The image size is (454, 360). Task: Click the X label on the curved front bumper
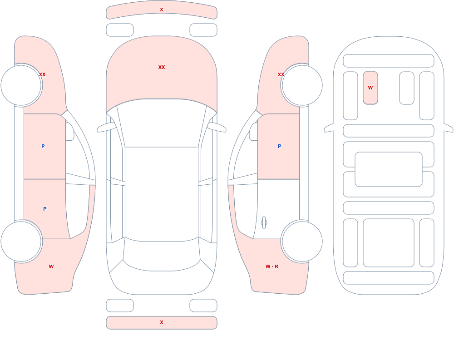(x=162, y=10)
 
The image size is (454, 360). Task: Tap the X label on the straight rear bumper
(x=162, y=322)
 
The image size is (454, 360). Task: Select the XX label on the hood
(x=162, y=67)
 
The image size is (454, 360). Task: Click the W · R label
(x=272, y=266)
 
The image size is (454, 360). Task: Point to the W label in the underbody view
(x=370, y=88)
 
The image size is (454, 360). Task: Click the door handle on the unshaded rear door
(x=264, y=223)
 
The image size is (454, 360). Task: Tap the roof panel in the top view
(x=162, y=193)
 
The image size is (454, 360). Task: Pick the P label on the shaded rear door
(x=44, y=209)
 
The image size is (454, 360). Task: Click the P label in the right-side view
(x=279, y=146)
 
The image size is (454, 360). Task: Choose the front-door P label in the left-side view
(x=43, y=146)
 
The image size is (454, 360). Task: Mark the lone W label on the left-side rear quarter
(x=51, y=266)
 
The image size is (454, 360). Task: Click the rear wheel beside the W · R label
(x=302, y=242)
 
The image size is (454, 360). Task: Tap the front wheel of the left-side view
(x=21, y=85)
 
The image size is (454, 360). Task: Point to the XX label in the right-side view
(x=281, y=74)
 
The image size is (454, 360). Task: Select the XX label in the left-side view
(x=42, y=74)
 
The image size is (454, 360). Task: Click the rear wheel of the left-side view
(x=21, y=242)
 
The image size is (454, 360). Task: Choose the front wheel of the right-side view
(x=302, y=85)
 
